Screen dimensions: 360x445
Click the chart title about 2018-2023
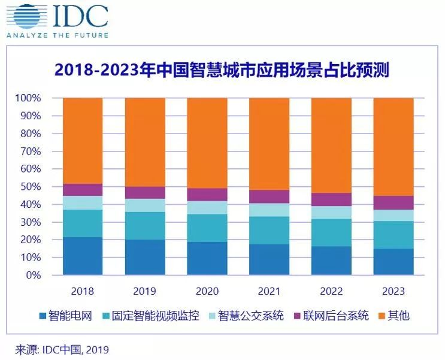222,71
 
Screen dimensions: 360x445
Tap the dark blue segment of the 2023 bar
393,262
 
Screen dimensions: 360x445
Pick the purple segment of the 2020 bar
207,195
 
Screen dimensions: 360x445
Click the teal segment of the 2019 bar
145,226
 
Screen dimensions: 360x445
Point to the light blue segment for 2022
331,213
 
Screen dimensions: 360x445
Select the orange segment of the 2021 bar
270,144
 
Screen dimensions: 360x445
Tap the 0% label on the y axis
32,276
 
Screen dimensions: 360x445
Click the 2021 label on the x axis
270,292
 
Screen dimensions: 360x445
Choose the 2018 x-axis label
83,292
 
